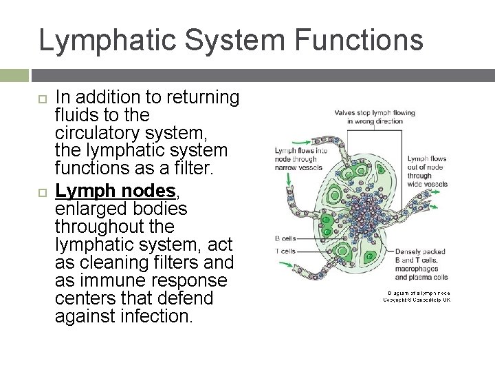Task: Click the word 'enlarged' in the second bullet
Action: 85,208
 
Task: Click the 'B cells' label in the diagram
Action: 286,238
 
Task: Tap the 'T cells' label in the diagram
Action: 286,251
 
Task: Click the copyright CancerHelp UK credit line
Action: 417,300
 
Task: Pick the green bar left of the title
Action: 14,74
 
